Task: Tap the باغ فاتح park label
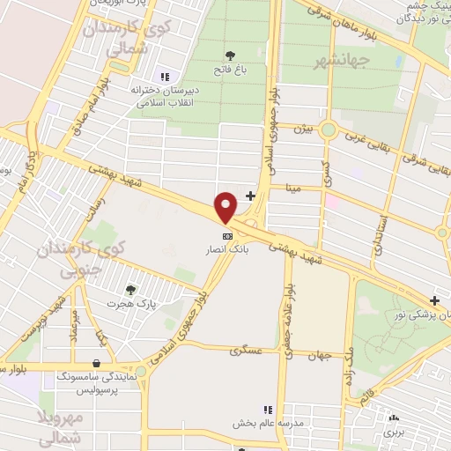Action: tap(230, 68)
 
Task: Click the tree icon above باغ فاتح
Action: tap(231, 55)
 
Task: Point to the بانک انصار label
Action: tap(228, 250)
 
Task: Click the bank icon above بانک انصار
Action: tap(227, 236)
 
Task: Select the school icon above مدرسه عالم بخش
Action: tap(267, 410)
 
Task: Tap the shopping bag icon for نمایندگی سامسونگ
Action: tap(95, 363)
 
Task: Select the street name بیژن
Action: tap(302, 129)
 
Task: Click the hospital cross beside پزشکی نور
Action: tap(434, 301)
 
